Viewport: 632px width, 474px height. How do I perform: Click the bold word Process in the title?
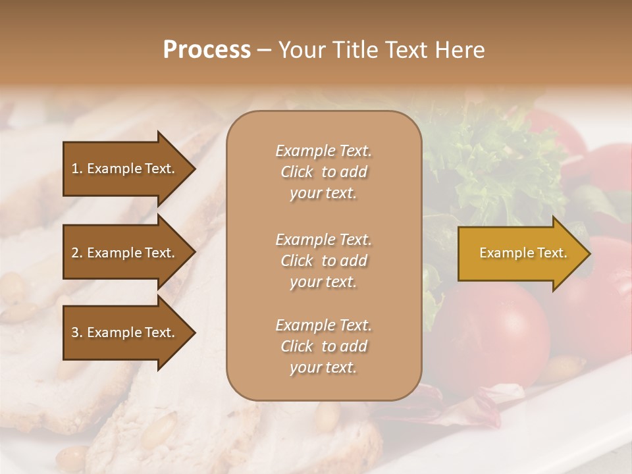207,50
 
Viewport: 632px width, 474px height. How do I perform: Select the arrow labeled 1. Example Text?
125,169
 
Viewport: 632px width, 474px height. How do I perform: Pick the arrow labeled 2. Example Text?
125,253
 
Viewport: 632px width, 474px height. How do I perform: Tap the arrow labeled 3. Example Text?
125,332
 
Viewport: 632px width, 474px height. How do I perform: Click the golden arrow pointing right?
520,253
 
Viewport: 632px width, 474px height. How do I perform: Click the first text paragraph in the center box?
323,172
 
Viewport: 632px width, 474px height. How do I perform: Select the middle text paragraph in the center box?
323,261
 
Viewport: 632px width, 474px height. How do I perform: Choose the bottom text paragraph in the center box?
323,346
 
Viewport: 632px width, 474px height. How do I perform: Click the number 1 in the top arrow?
75,169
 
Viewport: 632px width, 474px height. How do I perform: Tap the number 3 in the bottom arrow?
75,332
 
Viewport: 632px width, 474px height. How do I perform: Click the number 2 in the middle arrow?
75,253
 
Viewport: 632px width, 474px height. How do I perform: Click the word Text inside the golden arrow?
552,253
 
